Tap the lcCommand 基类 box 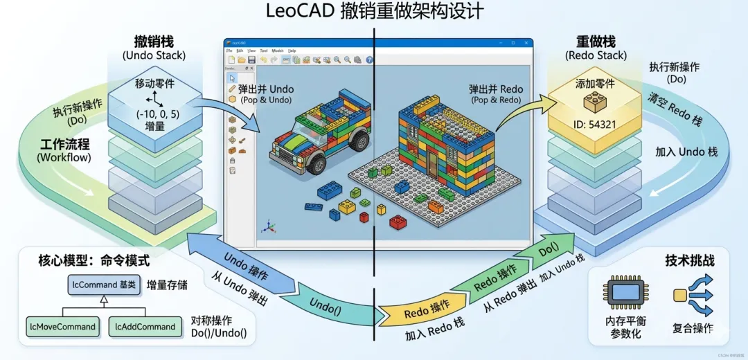coord(105,284)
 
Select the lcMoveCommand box coord(64,326)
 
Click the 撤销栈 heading coord(154,42)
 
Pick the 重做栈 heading coord(596,42)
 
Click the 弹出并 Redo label coord(496,89)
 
